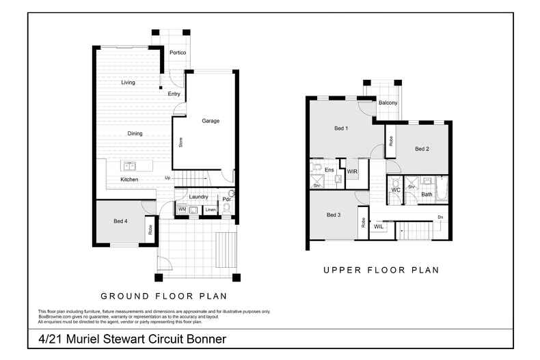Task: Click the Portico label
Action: (178, 53)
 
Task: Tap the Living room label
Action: (128, 83)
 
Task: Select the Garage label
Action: (211, 121)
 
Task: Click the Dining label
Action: (135, 134)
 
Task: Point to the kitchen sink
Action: (129, 166)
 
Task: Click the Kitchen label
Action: (129, 180)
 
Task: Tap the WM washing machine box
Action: (183, 209)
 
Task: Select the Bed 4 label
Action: (120, 221)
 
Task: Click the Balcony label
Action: (388, 102)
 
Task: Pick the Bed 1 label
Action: (341, 128)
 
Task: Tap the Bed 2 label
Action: (422, 149)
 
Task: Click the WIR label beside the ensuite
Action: (353, 171)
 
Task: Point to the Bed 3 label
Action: (333, 216)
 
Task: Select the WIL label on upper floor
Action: (379, 227)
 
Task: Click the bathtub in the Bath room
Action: (442, 189)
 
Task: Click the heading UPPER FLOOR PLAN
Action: (381, 271)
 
